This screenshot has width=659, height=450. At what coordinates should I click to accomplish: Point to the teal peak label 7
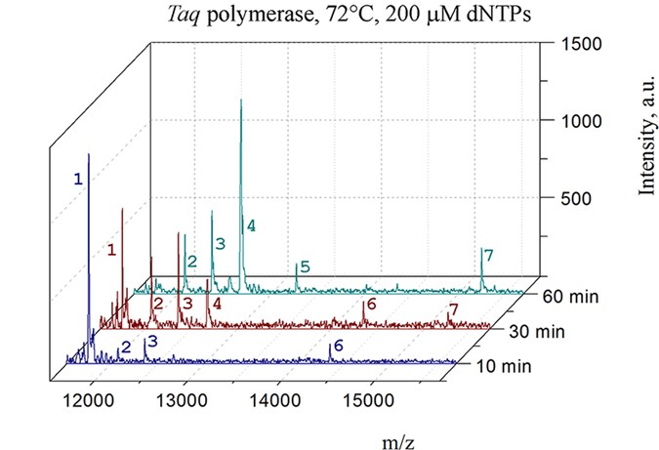tap(488, 256)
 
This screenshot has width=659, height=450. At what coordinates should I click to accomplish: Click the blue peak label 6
tap(338, 346)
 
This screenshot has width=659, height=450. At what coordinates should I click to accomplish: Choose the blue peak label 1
tap(78, 180)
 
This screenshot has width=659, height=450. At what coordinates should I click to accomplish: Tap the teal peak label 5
tap(305, 266)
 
